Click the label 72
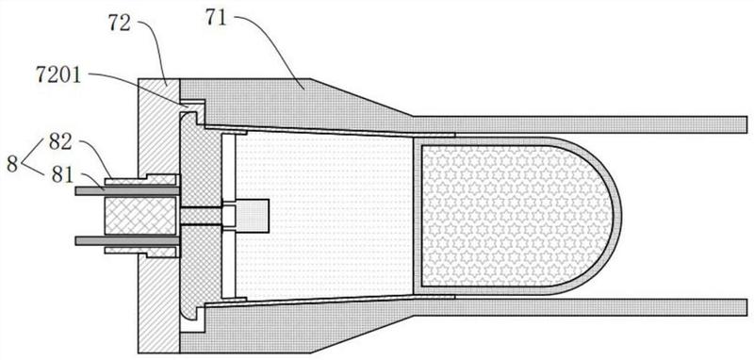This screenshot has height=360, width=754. (x=120, y=24)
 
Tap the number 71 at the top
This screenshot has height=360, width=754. (x=217, y=18)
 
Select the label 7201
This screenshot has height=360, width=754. (x=59, y=76)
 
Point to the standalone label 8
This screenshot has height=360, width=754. (x=12, y=164)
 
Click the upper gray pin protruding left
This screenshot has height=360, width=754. (x=127, y=190)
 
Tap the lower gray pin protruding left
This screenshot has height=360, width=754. (x=127, y=240)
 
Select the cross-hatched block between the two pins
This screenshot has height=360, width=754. (x=139, y=216)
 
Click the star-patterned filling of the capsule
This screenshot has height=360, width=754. (x=515, y=216)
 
